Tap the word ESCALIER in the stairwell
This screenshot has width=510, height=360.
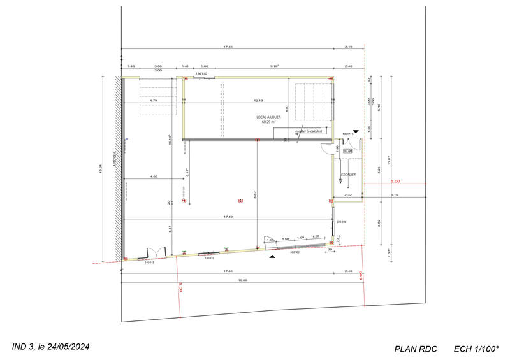coord(348,175)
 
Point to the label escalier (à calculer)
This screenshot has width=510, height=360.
coord(308,131)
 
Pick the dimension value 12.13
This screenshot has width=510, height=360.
coord(258,100)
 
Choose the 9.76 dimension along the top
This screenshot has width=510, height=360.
coord(275,66)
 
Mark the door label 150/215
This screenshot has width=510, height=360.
coord(348,134)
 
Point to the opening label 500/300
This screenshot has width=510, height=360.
coord(295,252)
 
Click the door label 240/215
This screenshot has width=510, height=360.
coord(150,262)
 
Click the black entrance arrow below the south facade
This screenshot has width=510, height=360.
coord(273,256)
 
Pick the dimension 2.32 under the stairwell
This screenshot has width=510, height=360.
coord(347,195)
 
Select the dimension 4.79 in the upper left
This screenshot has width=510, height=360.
coord(154,100)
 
